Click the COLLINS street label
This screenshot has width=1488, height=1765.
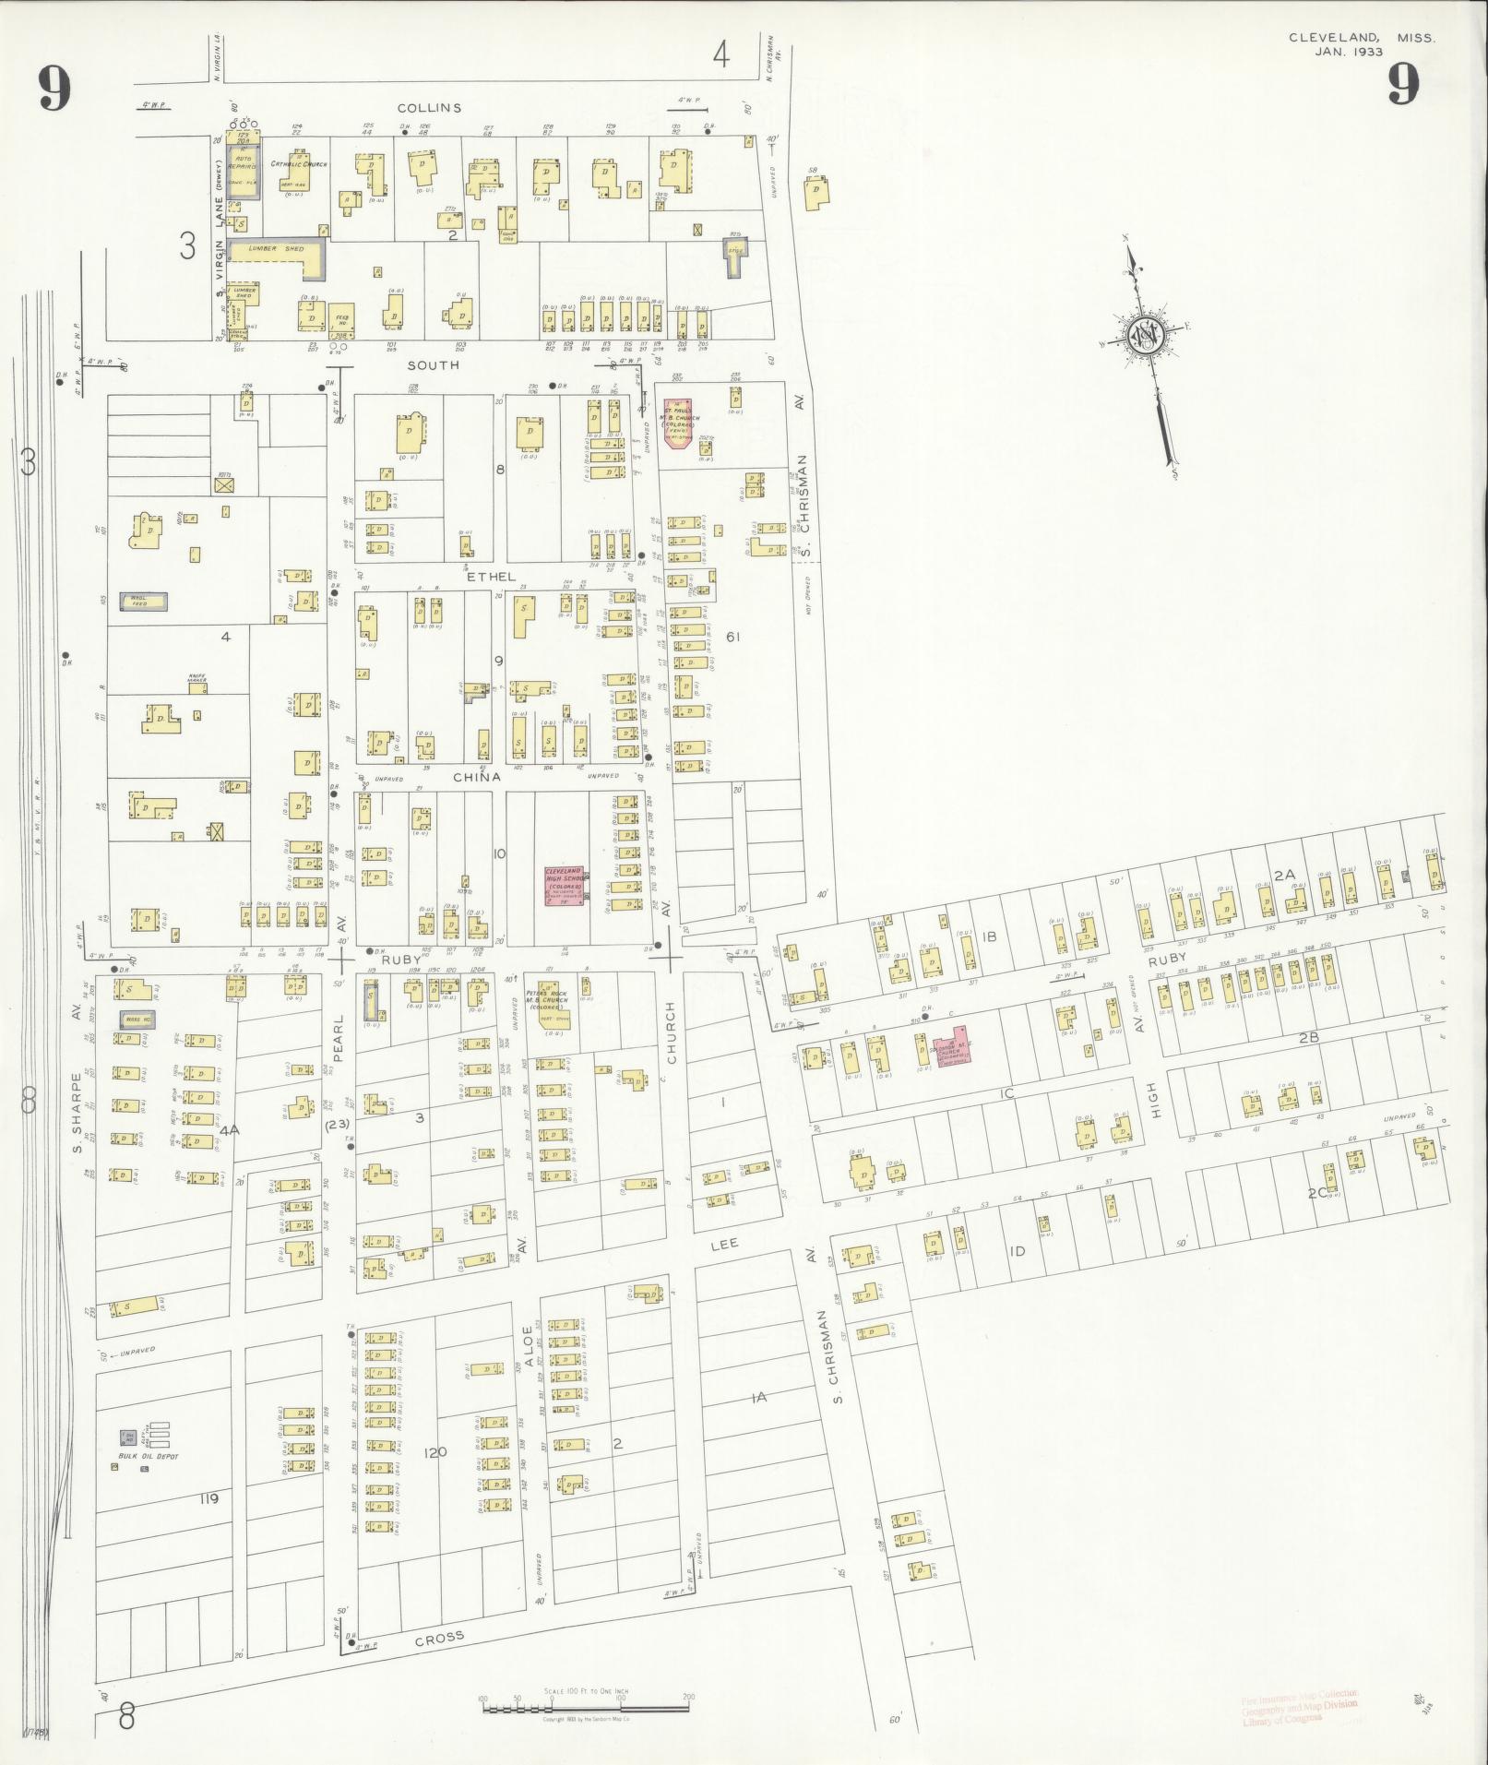pos(430,108)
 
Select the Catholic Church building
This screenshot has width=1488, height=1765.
pos(297,171)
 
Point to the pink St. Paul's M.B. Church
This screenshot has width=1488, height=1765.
pos(680,423)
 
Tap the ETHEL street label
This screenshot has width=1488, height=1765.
pos(491,577)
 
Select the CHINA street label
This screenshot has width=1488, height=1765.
pos(477,777)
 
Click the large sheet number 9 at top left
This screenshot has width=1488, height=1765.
pos(54,89)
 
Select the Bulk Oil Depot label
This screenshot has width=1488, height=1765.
pos(148,1456)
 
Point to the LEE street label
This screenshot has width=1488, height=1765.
pos(724,1245)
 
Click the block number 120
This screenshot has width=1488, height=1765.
pos(434,1452)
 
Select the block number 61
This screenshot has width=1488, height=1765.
pos(733,637)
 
